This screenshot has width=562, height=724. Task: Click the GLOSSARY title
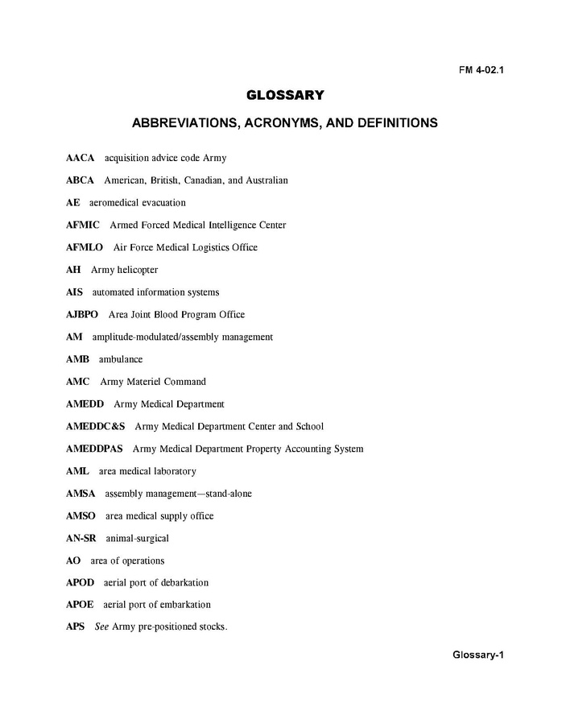click(285, 96)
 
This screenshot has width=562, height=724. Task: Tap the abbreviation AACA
click(81, 158)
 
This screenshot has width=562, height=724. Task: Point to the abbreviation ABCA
click(80, 180)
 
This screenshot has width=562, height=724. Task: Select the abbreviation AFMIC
click(83, 225)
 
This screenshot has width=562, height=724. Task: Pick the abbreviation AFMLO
click(85, 248)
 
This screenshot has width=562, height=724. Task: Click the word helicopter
click(138, 270)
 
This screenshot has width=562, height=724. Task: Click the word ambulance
click(121, 359)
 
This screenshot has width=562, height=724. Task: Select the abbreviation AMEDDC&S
click(96, 427)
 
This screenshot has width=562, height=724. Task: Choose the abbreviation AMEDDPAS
click(94, 449)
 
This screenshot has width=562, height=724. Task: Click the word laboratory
click(171, 471)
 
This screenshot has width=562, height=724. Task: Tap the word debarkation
click(180, 583)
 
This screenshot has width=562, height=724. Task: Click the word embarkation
click(182, 605)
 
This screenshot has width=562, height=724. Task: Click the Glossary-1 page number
click(477, 654)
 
